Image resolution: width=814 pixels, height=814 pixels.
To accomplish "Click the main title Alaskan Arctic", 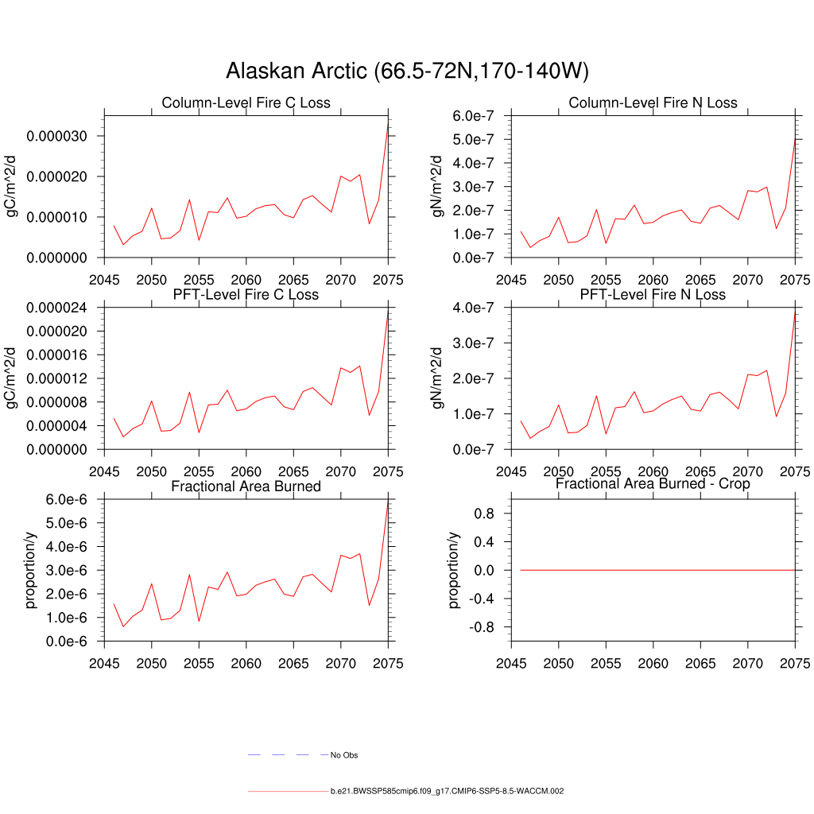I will pyautogui.click(x=407, y=72).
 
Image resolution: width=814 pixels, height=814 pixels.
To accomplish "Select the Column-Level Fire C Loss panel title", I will pyautogui.click(x=246, y=103).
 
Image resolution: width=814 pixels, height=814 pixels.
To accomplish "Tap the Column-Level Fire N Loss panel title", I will pyautogui.click(x=653, y=103).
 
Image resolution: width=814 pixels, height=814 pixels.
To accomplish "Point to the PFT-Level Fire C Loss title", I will pyautogui.click(x=246, y=294).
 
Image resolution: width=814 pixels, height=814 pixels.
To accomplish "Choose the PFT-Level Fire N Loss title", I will pyautogui.click(x=653, y=294).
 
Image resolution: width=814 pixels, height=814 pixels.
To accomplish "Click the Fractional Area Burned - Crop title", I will pyautogui.click(x=653, y=483).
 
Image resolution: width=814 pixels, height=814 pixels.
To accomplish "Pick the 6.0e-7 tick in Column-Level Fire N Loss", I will pyautogui.click(x=476, y=116).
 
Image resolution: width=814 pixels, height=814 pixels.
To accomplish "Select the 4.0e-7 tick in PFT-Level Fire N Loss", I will pyautogui.click(x=476, y=308).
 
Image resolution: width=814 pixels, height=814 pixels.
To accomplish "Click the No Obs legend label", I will pyautogui.click(x=350, y=755).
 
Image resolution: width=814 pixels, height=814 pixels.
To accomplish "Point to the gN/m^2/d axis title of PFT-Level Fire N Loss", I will pyautogui.click(x=437, y=378).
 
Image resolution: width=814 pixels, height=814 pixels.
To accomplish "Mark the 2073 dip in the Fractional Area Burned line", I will pyautogui.click(x=370, y=606).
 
